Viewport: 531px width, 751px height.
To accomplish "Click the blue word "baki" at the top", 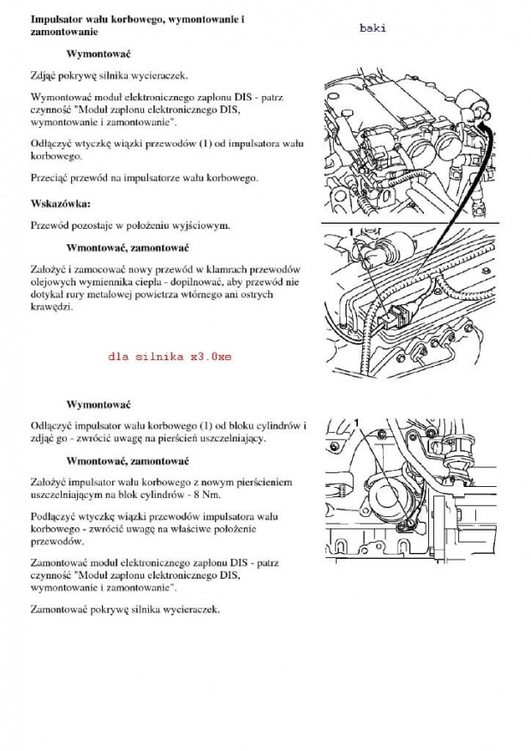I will [373, 27].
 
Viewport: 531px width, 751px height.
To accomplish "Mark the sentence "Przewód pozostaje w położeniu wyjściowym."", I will [129, 225].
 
